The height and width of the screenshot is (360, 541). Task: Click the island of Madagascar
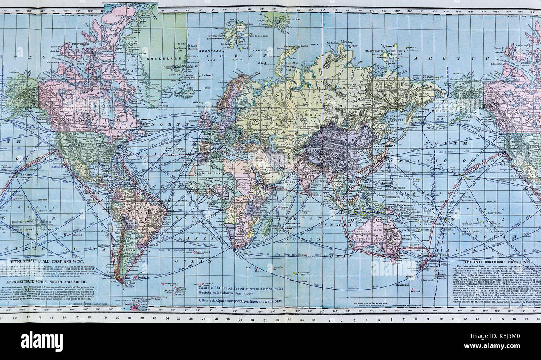tap(267, 227)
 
